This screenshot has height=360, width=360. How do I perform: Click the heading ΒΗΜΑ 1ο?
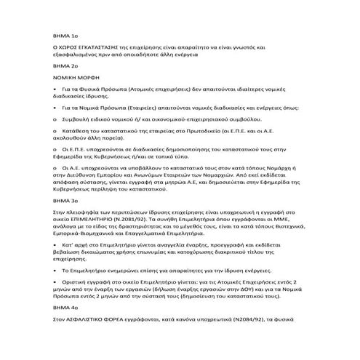(55, 34)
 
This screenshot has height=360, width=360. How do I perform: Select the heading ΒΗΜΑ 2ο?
(55, 65)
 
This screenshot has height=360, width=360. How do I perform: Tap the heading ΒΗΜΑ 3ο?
(55, 199)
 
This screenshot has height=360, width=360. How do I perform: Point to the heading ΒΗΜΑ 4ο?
(55, 329)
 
